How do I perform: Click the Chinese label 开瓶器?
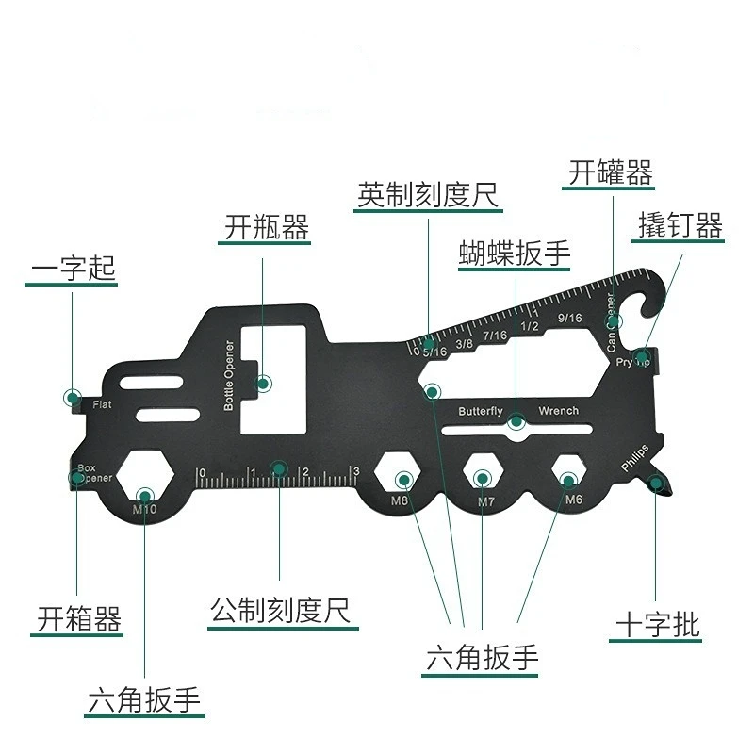(x=267, y=227)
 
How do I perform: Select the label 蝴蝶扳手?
(x=515, y=253)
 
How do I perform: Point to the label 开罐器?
(x=611, y=173)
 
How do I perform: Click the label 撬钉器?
(x=680, y=225)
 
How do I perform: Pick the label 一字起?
(x=74, y=268)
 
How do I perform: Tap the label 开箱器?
(x=79, y=619)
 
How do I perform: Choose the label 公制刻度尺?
(x=280, y=611)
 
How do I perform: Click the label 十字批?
(x=658, y=624)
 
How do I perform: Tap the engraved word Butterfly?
(x=481, y=412)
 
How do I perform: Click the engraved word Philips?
(x=634, y=457)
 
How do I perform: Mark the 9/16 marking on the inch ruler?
(x=569, y=318)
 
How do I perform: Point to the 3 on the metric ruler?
(x=355, y=471)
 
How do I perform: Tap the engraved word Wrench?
(x=559, y=411)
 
